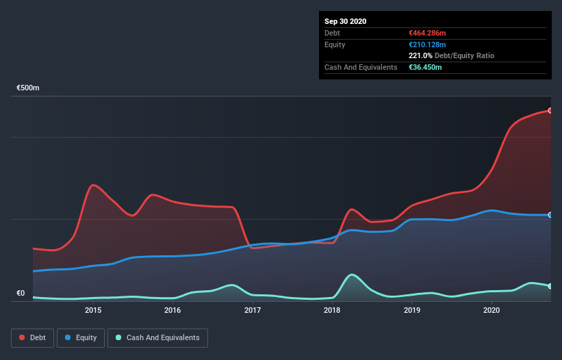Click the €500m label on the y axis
pyautogui.click(x=29, y=88)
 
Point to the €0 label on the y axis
pyautogui.click(x=21, y=294)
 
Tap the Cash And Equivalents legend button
pyautogui.click(x=157, y=337)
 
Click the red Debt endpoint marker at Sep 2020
pyautogui.click(x=550, y=110)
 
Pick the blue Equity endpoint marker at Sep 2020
pyautogui.click(x=550, y=215)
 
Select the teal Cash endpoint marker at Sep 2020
pyautogui.click(x=550, y=286)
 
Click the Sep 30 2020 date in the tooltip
pyautogui.click(x=345, y=21)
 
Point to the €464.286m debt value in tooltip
pyautogui.click(x=428, y=33)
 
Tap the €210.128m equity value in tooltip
pyautogui.click(x=427, y=44)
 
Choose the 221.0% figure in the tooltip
pyautogui.click(x=420, y=55)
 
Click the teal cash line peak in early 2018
pyautogui.click(x=351, y=274)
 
